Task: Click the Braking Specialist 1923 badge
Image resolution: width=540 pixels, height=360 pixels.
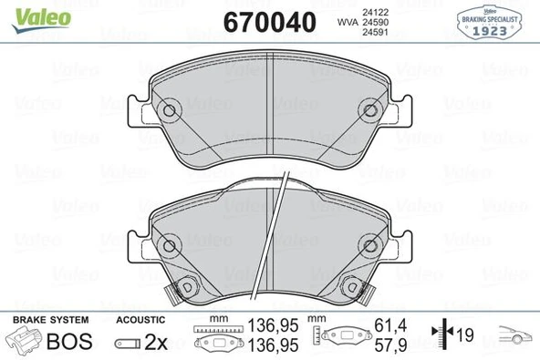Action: click(494, 22)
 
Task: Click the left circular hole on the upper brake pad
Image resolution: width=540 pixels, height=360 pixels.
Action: click(167, 111)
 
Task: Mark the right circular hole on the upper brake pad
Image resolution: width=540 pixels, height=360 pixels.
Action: click(371, 111)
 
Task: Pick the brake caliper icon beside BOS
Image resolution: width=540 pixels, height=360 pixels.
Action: click(24, 342)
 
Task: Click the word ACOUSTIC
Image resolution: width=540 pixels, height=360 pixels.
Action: click(140, 321)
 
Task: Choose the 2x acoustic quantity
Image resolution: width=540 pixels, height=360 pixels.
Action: click(156, 342)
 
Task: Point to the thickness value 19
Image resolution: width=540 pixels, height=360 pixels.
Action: click(465, 336)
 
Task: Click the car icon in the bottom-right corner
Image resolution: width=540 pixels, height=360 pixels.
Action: click(513, 336)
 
